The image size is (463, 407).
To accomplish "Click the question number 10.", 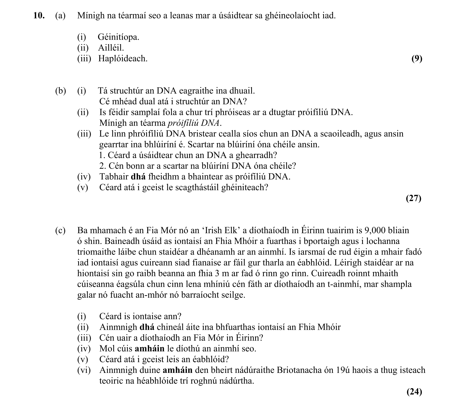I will point(39,16).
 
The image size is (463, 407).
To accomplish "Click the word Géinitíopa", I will point(118,37).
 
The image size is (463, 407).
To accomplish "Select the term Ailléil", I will point(111,48).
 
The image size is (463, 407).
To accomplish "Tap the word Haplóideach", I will point(123,59).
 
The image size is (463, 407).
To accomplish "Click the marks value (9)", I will point(417,59).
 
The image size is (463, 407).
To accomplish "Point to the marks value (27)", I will point(414,198).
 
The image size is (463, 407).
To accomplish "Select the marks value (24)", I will point(414,391).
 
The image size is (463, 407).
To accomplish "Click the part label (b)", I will point(60,91).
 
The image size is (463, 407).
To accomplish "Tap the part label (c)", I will point(60,230).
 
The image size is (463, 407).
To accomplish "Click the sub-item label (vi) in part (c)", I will point(84,370).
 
